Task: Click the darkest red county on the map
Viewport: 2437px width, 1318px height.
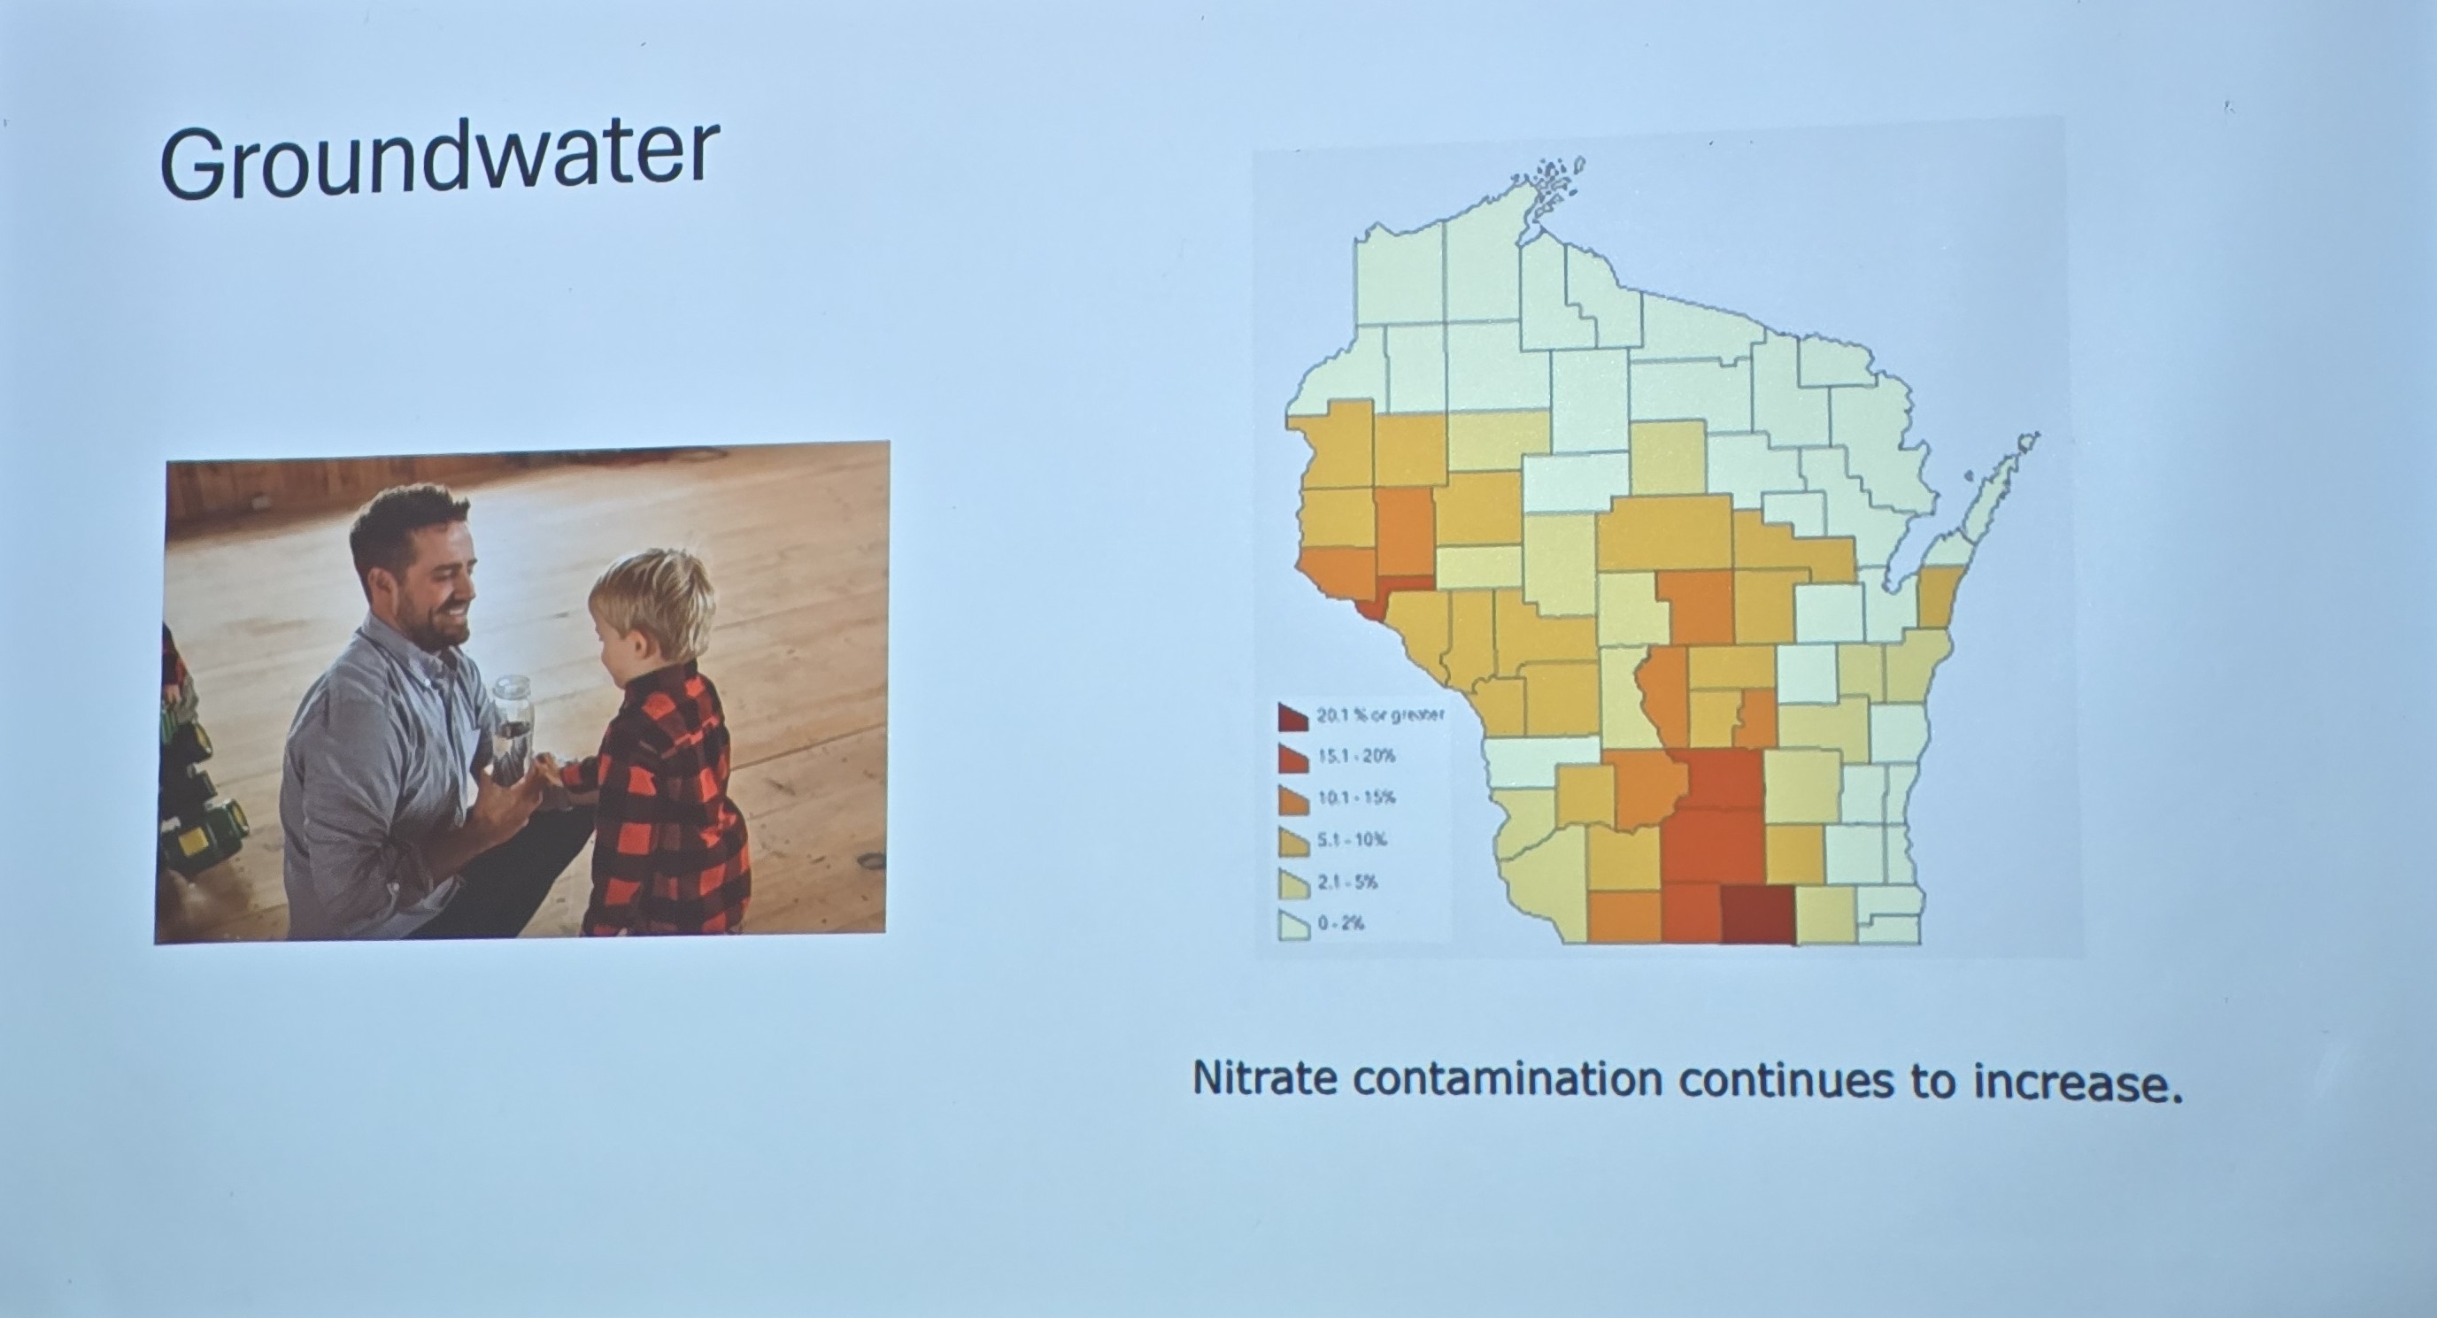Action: click(1758, 914)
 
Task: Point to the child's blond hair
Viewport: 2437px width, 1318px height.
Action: click(652, 596)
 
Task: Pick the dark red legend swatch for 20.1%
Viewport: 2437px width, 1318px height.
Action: click(1293, 717)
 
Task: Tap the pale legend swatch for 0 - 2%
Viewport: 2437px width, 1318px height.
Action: click(1294, 925)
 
